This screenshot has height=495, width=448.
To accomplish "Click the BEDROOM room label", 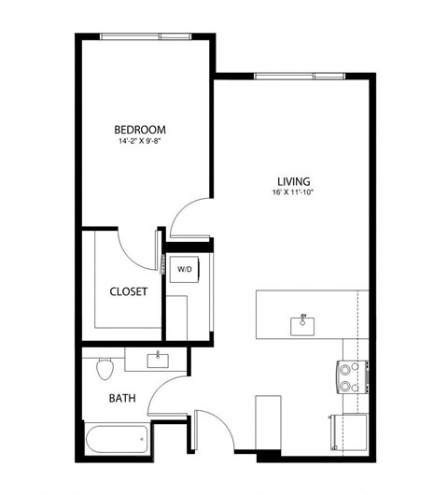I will (x=140, y=129).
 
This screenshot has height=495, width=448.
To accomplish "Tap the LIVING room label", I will (x=292, y=181).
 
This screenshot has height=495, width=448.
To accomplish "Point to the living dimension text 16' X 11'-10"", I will (x=292, y=194).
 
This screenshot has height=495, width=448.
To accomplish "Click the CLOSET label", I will (x=129, y=291).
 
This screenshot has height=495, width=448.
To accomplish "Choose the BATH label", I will (x=122, y=398).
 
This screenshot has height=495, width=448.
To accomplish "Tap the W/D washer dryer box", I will (x=185, y=270).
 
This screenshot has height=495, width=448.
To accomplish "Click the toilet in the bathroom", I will (x=105, y=367).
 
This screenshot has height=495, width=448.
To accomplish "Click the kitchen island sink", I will (x=302, y=324).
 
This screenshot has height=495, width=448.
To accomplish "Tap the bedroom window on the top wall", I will (x=147, y=36).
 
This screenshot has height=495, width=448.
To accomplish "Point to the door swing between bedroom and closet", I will (x=138, y=245).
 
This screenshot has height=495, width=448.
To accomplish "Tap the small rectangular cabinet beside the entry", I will (x=268, y=422).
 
